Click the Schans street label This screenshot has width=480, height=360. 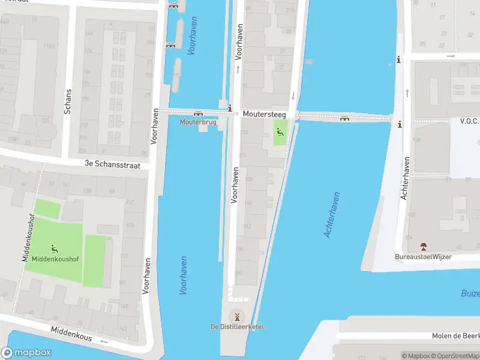(x=68, y=102)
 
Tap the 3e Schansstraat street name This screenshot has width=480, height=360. (x=116, y=164)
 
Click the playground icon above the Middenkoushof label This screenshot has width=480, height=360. (x=55, y=247)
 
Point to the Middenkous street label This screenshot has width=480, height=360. (x=71, y=334)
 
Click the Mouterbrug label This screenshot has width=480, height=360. (x=197, y=122)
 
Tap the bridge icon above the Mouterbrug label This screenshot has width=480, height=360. (x=197, y=113)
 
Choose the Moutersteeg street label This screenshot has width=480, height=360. (x=264, y=113)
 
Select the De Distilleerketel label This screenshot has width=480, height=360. (x=236, y=326)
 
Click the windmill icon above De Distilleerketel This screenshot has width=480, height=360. (x=236, y=316)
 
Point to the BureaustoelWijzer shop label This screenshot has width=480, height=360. (x=423, y=257)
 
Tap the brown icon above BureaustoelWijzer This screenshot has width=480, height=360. (x=424, y=247)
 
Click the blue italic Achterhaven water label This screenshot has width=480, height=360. (x=332, y=214)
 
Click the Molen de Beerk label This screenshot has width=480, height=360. (x=455, y=336)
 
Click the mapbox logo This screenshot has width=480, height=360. (x=26, y=353)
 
